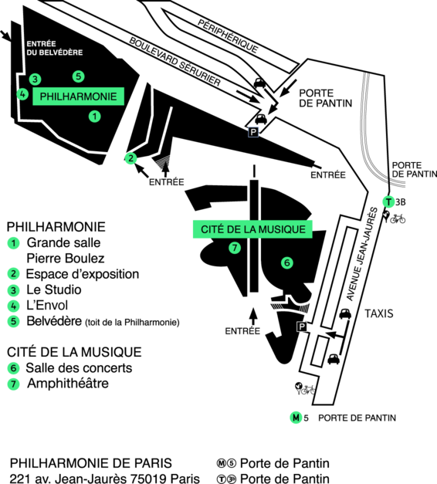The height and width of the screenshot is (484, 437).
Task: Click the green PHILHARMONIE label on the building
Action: [x=79, y=96]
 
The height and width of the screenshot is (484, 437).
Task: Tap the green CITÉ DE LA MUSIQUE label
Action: [x=252, y=229]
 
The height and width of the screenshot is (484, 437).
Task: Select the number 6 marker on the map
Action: [x=287, y=262]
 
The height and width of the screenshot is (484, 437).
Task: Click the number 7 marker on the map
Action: [x=235, y=248]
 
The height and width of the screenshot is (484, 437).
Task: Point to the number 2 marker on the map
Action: [x=131, y=158]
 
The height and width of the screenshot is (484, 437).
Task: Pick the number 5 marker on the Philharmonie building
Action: [x=79, y=76]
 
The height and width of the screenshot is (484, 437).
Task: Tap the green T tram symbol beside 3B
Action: [x=388, y=202]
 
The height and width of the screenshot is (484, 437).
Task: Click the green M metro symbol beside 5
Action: [x=296, y=418]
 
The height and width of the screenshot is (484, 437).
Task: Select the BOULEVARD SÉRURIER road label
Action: [x=174, y=62]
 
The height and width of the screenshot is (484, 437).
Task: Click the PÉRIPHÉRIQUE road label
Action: [x=228, y=36]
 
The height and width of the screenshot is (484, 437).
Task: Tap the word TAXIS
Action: [x=379, y=313]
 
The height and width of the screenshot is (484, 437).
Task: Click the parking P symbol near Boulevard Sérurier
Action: [x=253, y=133]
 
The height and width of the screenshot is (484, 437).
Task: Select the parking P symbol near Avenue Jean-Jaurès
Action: [x=302, y=327]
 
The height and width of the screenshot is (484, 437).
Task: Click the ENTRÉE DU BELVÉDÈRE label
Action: [x=54, y=48]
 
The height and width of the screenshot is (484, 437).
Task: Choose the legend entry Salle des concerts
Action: [x=79, y=368]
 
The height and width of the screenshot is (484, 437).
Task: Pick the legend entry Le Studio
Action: [x=54, y=289]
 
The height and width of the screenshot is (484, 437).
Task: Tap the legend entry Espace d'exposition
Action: [x=83, y=274]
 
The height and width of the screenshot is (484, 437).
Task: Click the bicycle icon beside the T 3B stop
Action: [x=398, y=218]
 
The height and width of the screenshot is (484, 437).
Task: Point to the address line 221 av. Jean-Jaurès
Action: [x=105, y=479]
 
